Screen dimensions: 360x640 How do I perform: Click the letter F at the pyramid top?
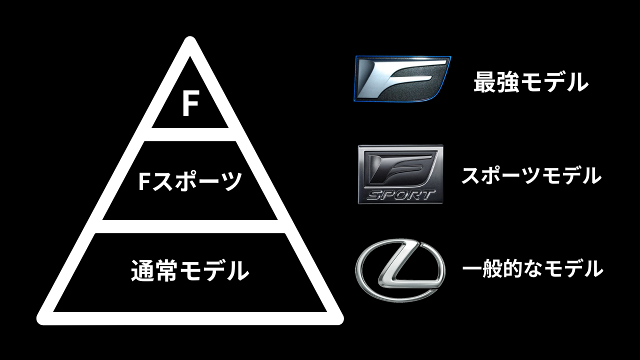[x=190, y=104]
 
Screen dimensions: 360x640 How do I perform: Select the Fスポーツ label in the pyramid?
[x=190, y=181]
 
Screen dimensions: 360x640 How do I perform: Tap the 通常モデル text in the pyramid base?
[x=190, y=270]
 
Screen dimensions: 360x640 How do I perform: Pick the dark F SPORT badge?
[x=400, y=174]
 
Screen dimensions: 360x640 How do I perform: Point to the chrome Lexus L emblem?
[x=399, y=269]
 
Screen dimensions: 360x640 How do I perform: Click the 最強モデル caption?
[x=530, y=82]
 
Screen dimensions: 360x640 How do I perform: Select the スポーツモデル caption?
[x=530, y=175]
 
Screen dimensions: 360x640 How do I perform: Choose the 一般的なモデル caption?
[x=532, y=269]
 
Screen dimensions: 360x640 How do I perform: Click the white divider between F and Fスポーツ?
[x=190, y=134]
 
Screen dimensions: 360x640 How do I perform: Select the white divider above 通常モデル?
[x=190, y=226]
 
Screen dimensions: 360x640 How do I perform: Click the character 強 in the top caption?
[x=507, y=82]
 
